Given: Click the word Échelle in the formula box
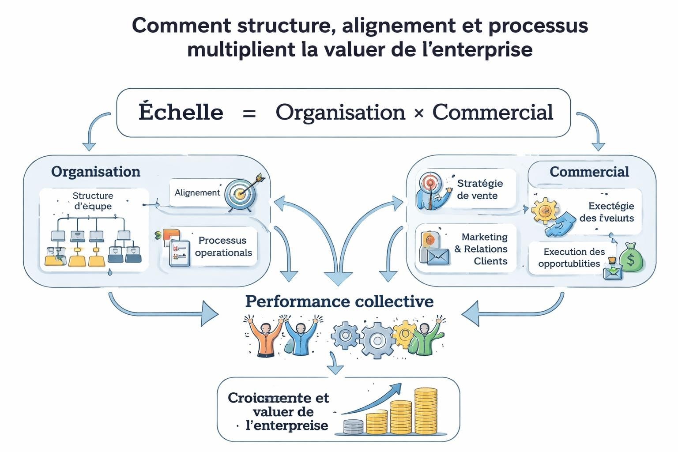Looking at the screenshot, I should click(181, 112).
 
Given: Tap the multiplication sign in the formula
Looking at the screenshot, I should click(418, 113).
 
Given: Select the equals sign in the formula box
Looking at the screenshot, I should click(249, 113).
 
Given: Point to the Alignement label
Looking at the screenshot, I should click(197, 192).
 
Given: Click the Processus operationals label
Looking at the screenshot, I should click(223, 246).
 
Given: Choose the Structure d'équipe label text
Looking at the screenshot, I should click(93, 201).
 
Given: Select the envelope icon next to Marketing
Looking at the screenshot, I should click(438, 256).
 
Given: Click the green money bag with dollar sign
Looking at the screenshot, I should click(631, 259).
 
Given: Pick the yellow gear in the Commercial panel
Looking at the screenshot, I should click(545, 211).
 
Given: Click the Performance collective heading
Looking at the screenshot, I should click(339, 301).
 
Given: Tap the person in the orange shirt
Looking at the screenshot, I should click(265, 338).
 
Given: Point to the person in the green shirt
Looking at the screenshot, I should click(426, 338).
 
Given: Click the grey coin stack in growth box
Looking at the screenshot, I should click(353, 427).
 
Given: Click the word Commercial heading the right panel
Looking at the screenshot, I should click(589, 172).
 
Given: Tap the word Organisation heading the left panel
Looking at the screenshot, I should click(95, 172).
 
